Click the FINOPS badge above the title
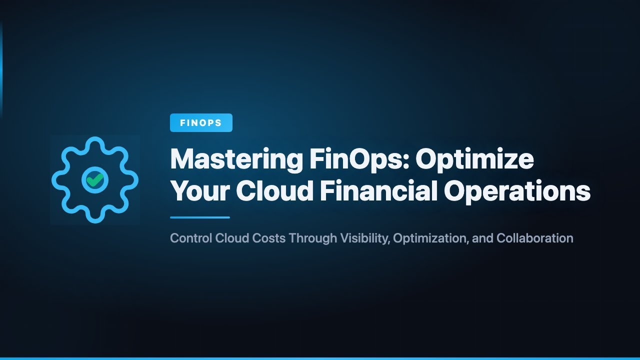201,123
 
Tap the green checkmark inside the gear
94,179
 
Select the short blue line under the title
200,217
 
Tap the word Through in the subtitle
313,238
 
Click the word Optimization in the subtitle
431,238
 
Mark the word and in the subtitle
482,238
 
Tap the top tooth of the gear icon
94,142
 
